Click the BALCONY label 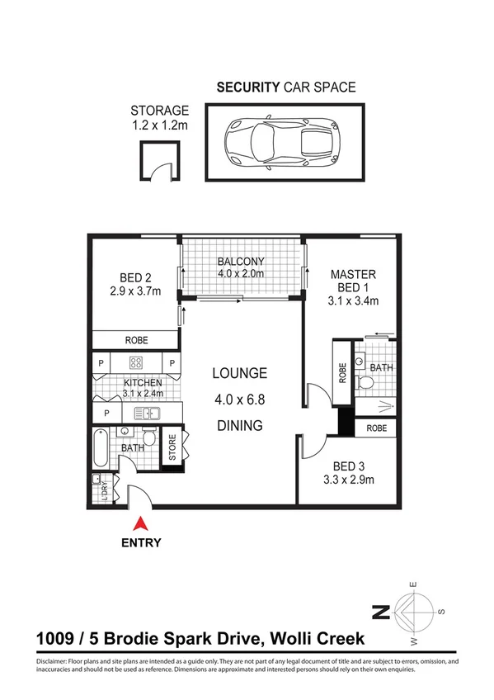click(x=241, y=262)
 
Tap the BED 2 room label click(x=136, y=279)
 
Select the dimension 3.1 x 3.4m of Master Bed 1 click(x=353, y=300)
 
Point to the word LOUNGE click(x=240, y=372)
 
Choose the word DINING click(x=240, y=426)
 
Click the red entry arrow click(x=140, y=523)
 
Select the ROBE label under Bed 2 click(x=136, y=340)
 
